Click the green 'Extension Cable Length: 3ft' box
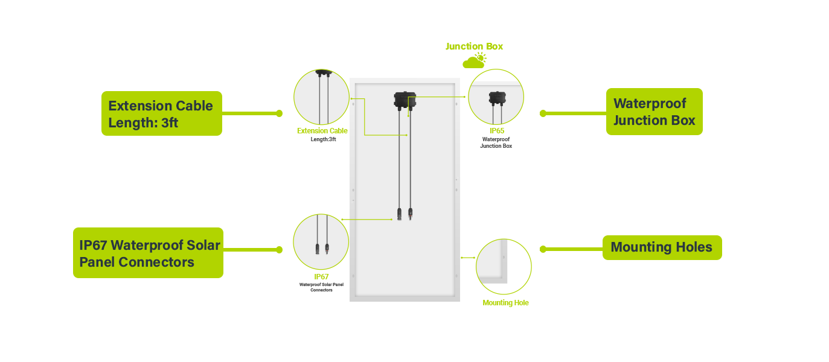(x=162, y=113)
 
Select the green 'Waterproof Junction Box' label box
(x=655, y=112)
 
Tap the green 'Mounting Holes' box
(x=662, y=247)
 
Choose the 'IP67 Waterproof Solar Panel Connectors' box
(x=148, y=253)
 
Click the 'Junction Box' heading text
(x=474, y=46)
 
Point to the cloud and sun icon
(x=475, y=60)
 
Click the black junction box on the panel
(x=405, y=100)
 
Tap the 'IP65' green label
(x=497, y=131)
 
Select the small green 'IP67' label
(x=321, y=277)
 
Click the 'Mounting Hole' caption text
(x=505, y=303)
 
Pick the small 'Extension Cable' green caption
(x=322, y=131)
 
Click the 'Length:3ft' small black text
(x=323, y=139)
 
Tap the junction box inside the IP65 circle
(x=497, y=99)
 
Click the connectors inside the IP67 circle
(x=322, y=249)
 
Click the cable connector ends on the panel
(x=405, y=214)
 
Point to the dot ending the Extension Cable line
(x=280, y=113)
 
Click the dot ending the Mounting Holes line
(x=543, y=249)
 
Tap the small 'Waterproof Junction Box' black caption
(x=496, y=143)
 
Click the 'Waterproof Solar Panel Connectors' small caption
(x=321, y=287)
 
